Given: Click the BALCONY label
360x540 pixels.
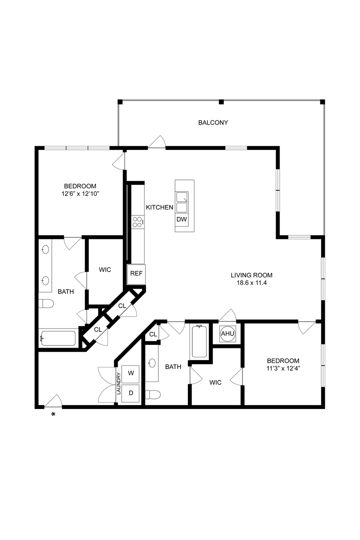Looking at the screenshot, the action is click(213, 122).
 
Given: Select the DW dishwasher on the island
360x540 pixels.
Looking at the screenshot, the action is click(182, 219).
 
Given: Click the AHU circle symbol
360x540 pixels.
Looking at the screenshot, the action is click(228, 333).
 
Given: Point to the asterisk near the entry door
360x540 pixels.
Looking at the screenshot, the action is click(53, 414).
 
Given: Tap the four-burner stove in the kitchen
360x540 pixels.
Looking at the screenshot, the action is click(138, 222).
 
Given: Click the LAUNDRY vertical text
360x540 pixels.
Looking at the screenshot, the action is click(118, 383).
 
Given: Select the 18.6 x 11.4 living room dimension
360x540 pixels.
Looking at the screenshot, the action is click(252, 283).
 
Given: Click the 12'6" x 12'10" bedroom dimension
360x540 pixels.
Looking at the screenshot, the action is click(80, 194).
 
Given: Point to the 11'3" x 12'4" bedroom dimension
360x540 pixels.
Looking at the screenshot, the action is click(283, 368).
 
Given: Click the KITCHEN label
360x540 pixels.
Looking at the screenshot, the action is click(160, 207).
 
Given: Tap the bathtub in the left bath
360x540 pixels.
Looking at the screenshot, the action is click(58, 338).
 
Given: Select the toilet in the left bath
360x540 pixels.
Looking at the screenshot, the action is click(46, 303).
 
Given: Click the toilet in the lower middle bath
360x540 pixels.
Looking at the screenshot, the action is click(153, 394).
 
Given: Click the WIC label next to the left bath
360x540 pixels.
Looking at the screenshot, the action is click(105, 270).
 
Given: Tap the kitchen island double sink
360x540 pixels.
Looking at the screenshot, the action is click(182, 202).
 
